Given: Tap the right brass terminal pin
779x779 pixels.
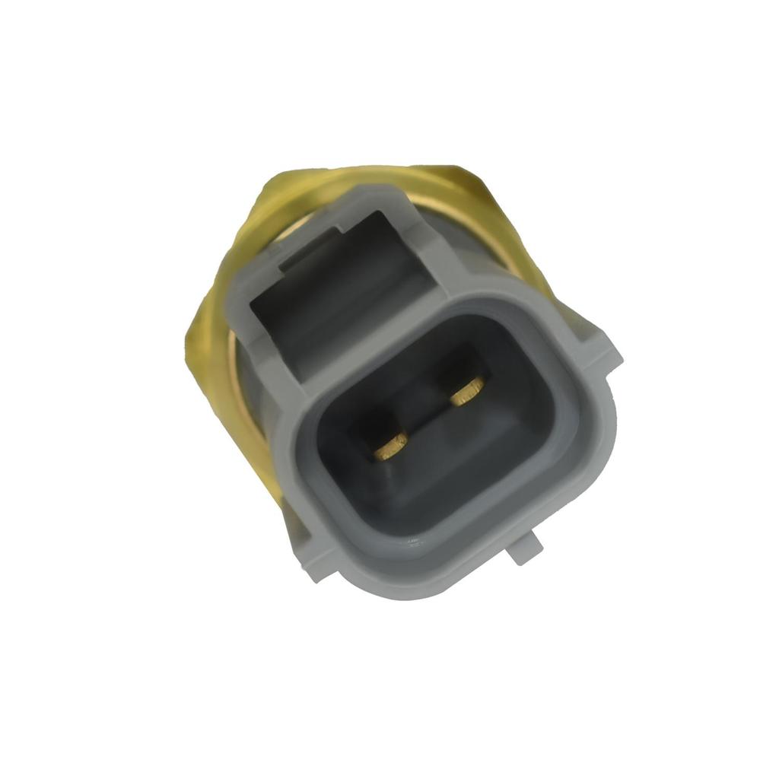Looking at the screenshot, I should tap(466, 392).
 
